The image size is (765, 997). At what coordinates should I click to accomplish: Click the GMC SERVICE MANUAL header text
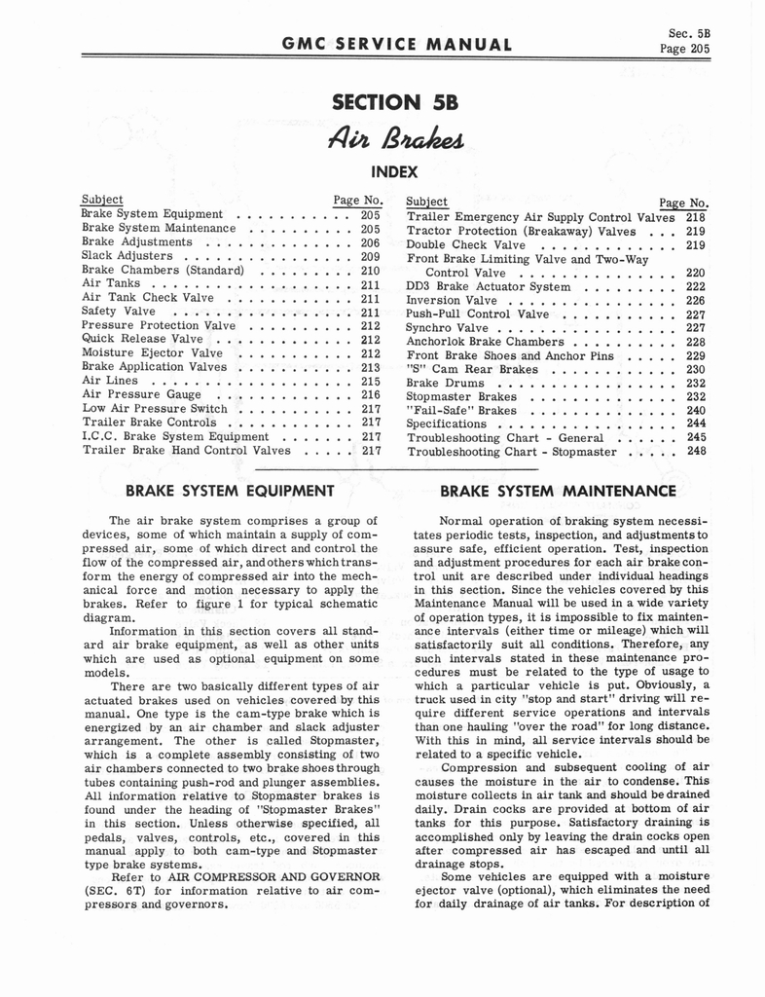(396, 44)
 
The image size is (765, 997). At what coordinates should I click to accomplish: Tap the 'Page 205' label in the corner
(685, 49)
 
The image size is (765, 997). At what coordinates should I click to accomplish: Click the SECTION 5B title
(394, 101)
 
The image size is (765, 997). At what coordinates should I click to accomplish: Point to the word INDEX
(394, 172)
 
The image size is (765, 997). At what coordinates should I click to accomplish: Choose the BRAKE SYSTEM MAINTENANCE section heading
(558, 491)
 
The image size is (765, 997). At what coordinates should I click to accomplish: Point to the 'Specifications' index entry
(446, 425)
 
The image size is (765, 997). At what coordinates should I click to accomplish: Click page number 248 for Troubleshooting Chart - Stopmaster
(696, 452)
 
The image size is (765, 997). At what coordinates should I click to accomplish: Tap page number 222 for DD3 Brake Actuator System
(696, 287)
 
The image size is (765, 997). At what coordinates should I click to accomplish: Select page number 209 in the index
(370, 256)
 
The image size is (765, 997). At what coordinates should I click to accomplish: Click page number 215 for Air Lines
(370, 382)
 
